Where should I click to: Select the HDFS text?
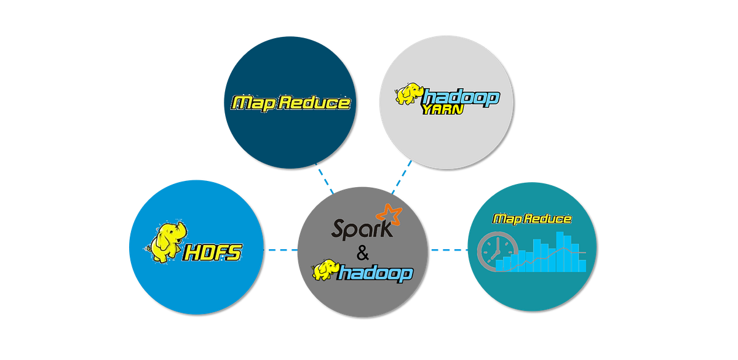point(213,252)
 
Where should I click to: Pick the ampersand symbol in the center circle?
point(362,252)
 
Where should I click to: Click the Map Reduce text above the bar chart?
point(533,218)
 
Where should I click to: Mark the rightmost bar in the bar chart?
point(582,265)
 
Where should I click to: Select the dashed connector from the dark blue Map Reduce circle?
point(324,179)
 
